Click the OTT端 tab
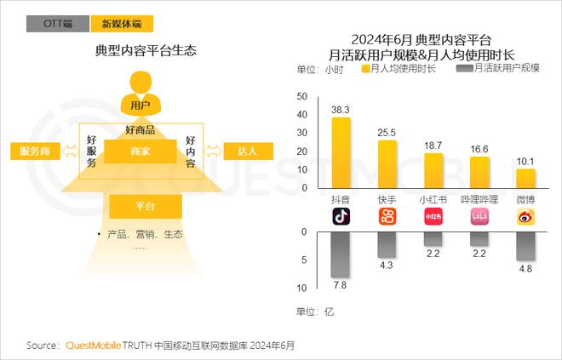click(58, 24)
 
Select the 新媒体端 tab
click(122, 24)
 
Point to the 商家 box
click(140, 151)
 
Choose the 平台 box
click(145, 206)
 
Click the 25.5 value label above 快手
click(387, 133)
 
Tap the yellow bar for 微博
click(526, 178)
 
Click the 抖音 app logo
click(341, 217)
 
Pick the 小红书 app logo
click(433, 217)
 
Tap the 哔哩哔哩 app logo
click(480, 217)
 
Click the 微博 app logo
click(526, 217)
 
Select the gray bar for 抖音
click(341, 254)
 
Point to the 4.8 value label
click(526, 269)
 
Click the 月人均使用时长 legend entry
click(399, 68)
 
